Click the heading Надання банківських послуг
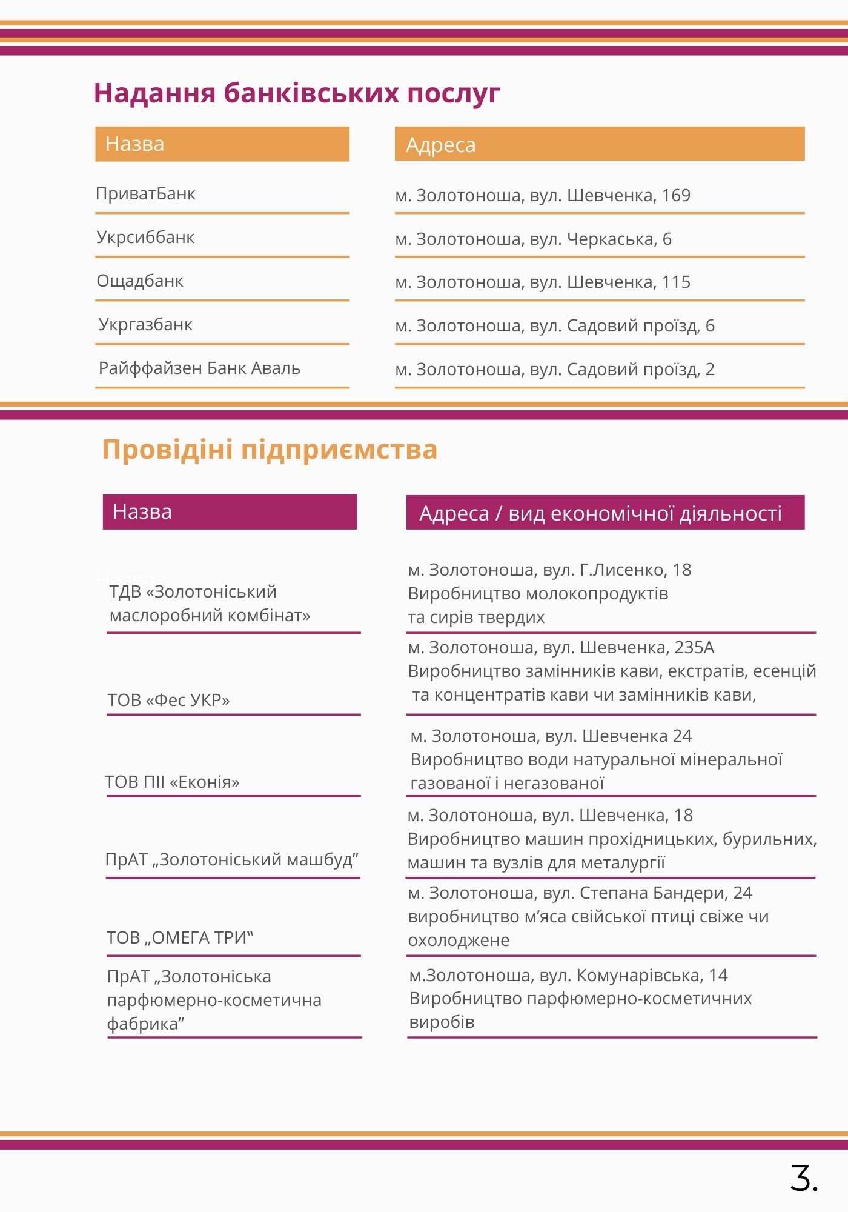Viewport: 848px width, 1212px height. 297,93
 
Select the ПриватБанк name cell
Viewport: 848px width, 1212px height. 145,194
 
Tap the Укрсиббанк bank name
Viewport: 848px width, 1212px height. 145,238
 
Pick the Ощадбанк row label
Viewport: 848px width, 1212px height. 140,281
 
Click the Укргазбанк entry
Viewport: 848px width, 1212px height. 145,325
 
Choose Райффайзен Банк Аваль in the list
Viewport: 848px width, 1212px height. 199,368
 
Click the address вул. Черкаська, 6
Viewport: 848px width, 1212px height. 533,239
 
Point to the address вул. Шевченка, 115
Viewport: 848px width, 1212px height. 543,282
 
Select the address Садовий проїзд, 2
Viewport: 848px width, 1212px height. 555,370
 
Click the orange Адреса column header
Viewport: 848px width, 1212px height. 599,144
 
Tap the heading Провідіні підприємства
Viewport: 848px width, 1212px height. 270,450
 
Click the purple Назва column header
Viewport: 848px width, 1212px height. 230,512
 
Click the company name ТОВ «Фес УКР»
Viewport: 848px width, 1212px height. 169,701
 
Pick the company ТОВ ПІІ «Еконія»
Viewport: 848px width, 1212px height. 173,782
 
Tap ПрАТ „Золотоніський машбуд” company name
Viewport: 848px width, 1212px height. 232,860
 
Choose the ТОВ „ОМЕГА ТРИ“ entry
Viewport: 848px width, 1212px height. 180,938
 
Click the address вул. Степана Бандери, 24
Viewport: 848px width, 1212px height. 580,893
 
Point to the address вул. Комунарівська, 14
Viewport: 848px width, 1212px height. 568,976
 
